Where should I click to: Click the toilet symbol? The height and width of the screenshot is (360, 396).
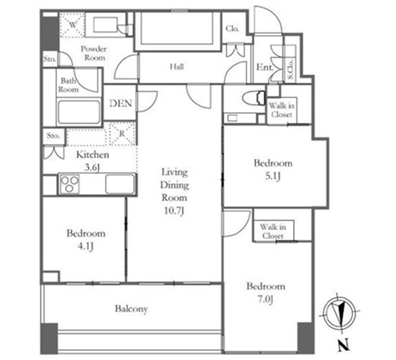[254, 98]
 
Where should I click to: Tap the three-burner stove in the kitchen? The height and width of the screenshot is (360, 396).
[69, 184]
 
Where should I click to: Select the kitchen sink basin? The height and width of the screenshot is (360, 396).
[120, 184]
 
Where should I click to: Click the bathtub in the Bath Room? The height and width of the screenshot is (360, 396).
[79, 112]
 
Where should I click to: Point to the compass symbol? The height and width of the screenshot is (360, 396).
[340, 313]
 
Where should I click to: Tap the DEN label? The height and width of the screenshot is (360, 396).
[121, 104]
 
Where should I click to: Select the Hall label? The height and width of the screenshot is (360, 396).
[177, 67]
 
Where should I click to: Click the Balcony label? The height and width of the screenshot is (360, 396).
[131, 309]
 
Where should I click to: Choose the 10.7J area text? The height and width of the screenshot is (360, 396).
[174, 211]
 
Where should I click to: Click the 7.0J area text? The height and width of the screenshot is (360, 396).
[265, 299]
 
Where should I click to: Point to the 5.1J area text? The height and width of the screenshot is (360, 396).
[272, 176]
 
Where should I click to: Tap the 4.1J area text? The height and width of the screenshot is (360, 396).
[85, 246]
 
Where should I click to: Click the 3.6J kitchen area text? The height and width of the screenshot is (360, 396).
[92, 167]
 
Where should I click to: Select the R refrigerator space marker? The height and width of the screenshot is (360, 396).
[122, 134]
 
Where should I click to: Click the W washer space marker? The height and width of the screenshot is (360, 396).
[73, 25]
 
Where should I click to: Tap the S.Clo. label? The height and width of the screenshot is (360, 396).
[291, 69]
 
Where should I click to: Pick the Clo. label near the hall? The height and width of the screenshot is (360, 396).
[232, 28]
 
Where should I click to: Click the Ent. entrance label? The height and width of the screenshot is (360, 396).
[265, 67]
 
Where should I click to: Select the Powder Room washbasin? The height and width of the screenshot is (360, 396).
[105, 25]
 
